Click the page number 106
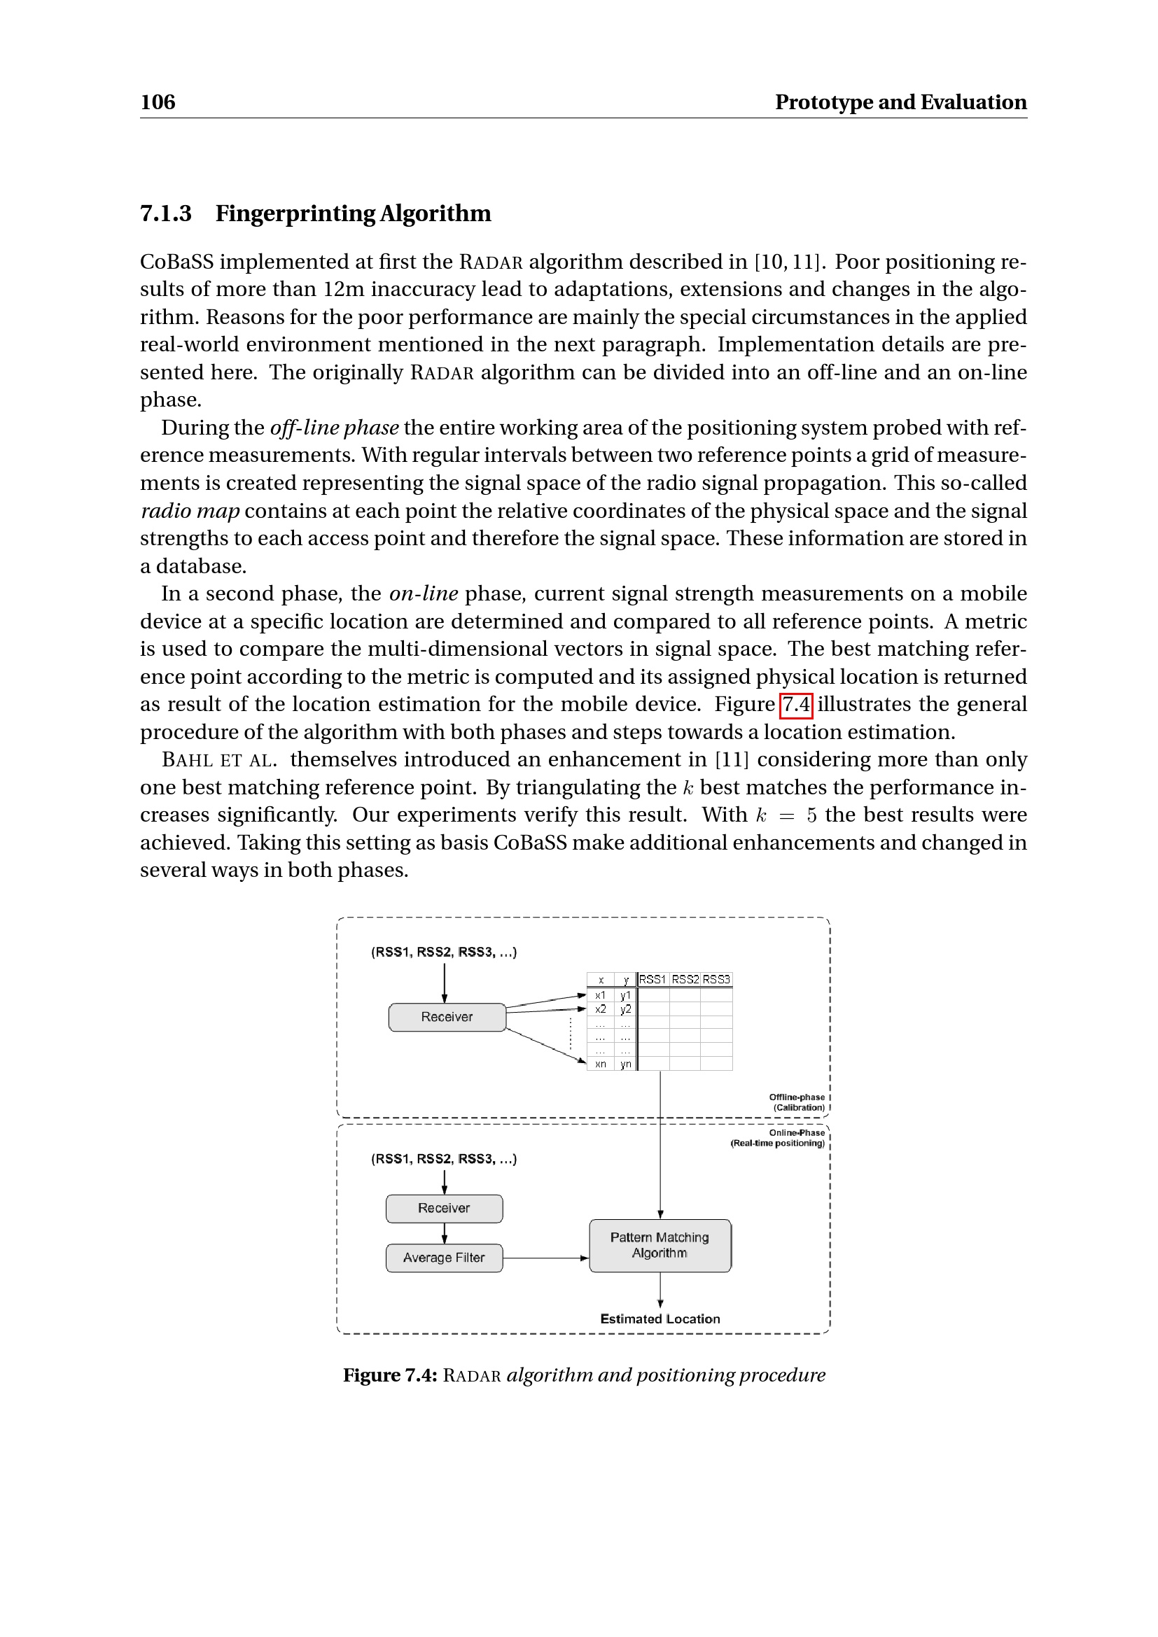(158, 102)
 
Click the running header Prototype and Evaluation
(900, 102)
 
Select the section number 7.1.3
(165, 213)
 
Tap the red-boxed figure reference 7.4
(796, 705)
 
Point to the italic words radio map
(190, 510)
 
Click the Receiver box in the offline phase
(447, 1017)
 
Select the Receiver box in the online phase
(445, 1208)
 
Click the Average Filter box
(445, 1258)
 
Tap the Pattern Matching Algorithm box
(660, 1245)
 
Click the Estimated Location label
(660, 1319)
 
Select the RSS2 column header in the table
(685, 980)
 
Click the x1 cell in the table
(601, 995)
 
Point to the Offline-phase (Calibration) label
(797, 1102)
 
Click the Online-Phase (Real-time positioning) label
(779, 1138)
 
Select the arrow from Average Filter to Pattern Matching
(545, 1258)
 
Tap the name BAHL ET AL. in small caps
(219, 760)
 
